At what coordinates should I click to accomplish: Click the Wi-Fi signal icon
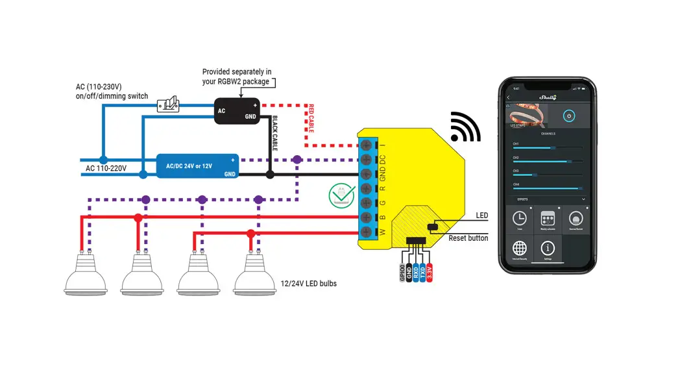(x=465, y=127)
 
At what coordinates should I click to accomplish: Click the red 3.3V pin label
(x=430, y=271)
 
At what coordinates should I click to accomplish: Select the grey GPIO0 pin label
(x=402, y=271)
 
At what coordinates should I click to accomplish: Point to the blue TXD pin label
(x=422, y=271)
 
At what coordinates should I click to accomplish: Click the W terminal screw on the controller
(x=368, y=232)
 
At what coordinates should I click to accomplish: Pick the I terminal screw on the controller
(x=368, y=145)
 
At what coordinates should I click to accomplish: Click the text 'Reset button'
(x=468, y=238)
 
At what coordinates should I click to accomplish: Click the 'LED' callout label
(x=481, y=216)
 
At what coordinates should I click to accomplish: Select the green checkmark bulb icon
(x=341, y=195)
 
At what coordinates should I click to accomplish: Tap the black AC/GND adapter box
(x=237, y=111)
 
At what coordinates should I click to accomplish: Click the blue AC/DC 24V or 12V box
(x=197, y=166)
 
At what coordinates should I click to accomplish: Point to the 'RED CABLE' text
(x=311, y=118)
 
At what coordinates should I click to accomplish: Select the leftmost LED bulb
(x=86, y=275)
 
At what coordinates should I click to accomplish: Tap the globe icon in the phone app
(x=519, y=249)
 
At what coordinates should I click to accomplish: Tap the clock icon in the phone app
(x=519, y=218)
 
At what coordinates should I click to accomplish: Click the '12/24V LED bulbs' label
(x=308, y=284)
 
